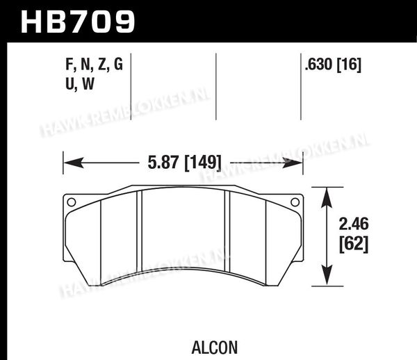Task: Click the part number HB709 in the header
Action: (x=78, y=22)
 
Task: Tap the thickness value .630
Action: (x=319, y=65)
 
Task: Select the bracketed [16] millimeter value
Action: (x=350, y=65)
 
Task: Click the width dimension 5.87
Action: (x=163, y=162)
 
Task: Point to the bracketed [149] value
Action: (x=203, y=163)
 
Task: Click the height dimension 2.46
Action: (x=354, y=224)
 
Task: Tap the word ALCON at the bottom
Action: (x=214, y=347)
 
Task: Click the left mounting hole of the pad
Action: (x=72, y=202)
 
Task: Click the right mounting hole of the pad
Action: (x=295, y=202)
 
